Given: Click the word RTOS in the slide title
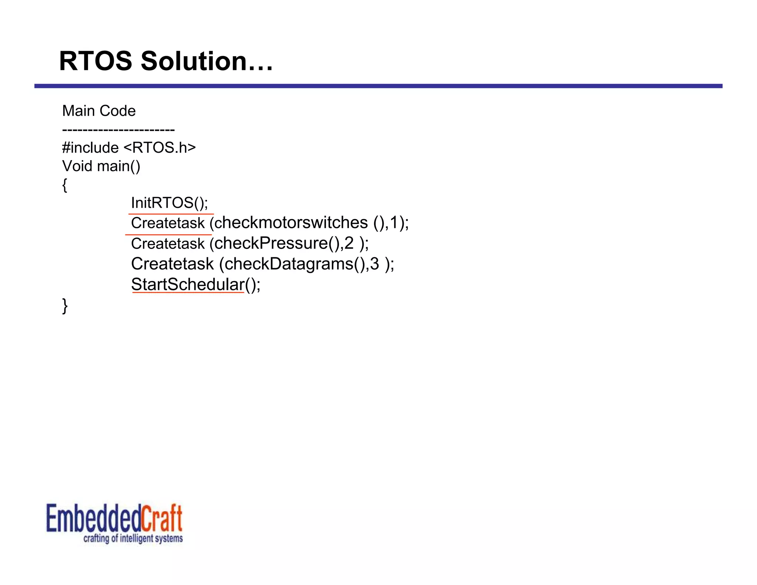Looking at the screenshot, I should click(95, 61).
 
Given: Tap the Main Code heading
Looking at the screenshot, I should click(99, 111).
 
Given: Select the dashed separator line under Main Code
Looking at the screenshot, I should click(118, 130).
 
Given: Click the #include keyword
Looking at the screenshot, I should click(91, 148).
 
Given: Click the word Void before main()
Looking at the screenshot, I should click(77, 166).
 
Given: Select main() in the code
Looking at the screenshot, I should click(119, 166).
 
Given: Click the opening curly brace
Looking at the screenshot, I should click(65, 185).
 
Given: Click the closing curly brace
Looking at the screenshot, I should click(65, 306).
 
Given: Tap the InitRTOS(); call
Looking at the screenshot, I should click(169, 203).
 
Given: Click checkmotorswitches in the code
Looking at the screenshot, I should click(291, 223).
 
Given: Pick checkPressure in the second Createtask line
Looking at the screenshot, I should click(271, 243).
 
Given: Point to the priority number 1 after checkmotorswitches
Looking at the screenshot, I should click(394, 223).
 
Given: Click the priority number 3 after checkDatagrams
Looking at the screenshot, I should click(374, 264).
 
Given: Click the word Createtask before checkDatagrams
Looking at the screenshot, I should click(172, 264).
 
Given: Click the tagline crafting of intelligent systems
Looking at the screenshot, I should click(133, 538).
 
